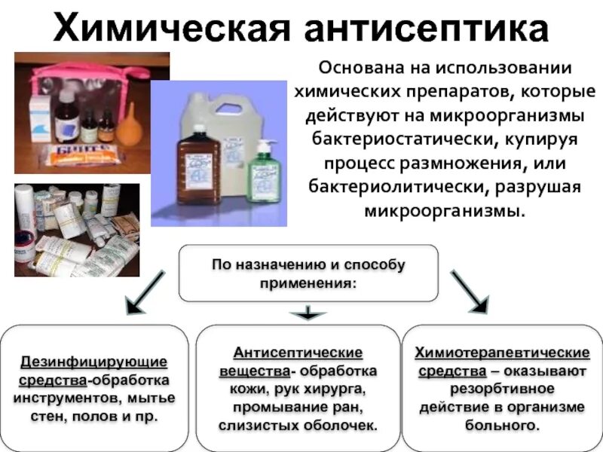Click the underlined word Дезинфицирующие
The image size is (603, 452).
(93, 362)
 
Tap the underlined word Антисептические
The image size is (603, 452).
(298, 353)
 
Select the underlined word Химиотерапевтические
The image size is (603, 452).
(502, 353)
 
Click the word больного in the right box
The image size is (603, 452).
(500, 425)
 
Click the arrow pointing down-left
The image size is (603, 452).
(145, 292)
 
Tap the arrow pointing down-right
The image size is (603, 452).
(469, 291)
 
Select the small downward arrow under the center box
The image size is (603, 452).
(305, 313)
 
